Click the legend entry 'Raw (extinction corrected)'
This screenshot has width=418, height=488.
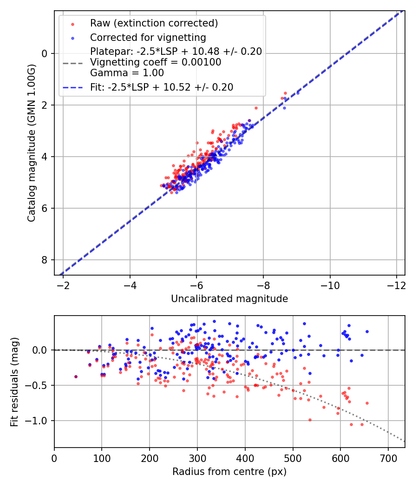(154, 23)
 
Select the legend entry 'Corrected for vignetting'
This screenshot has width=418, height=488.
(148, 37)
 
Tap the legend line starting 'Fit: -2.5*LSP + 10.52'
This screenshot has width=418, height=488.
(162, 87)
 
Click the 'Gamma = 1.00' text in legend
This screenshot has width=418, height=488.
(127, 73)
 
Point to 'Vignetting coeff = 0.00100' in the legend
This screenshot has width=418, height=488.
(156, 62)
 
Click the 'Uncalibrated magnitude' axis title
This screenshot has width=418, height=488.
(229, 299)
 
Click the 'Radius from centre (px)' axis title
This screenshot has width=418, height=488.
(229, 472)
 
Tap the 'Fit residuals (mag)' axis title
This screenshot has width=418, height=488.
(14, 382)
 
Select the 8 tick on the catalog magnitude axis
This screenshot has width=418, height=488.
(45, 260)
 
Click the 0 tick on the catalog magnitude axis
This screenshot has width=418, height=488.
(45, 53)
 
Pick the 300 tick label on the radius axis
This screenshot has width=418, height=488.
(197, 458)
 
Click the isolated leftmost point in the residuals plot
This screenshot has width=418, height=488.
(76, 376)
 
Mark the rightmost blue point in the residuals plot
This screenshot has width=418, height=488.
(367, 331)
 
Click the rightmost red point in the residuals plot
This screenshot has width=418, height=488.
(367, 403)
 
